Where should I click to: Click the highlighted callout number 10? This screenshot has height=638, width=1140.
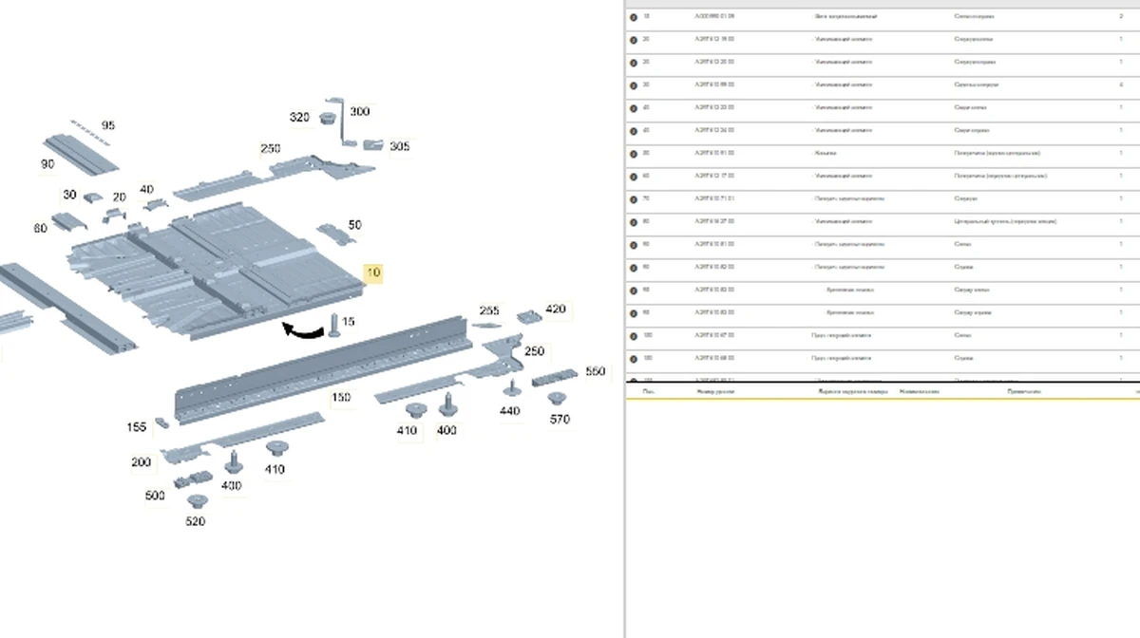point(373,273)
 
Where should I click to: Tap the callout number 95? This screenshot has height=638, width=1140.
point(107,125)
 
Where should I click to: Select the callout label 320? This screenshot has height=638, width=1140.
point(299,118)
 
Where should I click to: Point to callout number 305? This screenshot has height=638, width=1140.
point(399,146)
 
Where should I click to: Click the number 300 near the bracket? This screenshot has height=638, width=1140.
point(359,112)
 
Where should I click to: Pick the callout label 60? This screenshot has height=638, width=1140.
point(40,229)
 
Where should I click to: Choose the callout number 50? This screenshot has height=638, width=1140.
point(354,225)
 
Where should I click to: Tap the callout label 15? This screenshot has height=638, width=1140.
point(349,323)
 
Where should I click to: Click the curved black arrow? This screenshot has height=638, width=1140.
point(303,330)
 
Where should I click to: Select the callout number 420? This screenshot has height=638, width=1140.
point(555,310)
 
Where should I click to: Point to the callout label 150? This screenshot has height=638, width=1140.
point(340,397)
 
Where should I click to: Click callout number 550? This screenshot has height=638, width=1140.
point(595,371)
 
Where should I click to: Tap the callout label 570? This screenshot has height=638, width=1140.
point(560,419)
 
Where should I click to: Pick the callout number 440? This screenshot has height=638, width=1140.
point(509,411)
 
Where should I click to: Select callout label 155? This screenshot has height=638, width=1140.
point(136,428)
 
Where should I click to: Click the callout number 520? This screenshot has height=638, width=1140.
point(195,521)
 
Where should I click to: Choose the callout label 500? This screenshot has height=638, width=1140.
point(154,496)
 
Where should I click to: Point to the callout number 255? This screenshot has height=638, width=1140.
point(489,311)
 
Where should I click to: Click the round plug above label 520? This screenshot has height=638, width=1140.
point(197,500)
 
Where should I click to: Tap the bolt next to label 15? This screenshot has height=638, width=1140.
point(334,325)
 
